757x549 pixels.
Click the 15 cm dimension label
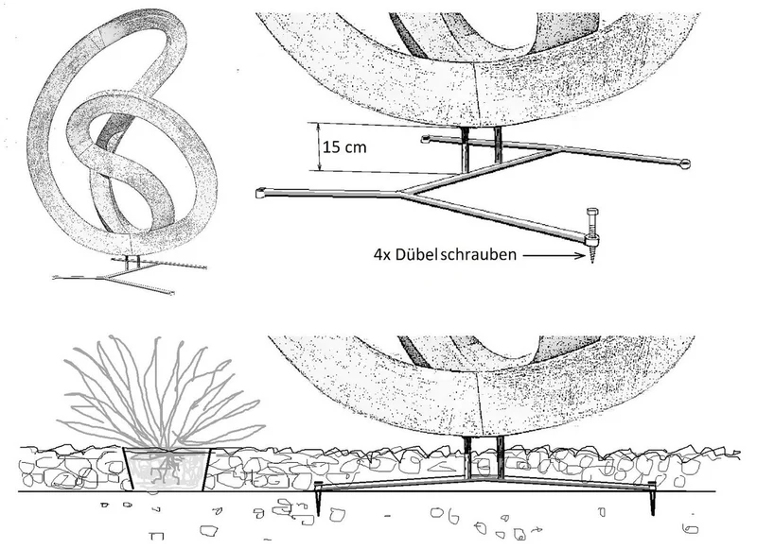pos(344,147)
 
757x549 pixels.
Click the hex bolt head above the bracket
pos(592,212)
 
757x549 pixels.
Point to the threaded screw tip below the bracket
pos(593,253)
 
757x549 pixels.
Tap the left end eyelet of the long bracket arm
pos(261,194)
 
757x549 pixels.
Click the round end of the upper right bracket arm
pos(684,164)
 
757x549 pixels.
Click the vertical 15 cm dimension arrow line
pos(318,146)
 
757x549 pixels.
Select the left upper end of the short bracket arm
pos(425,139)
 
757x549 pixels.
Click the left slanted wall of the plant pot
pos(128,469)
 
